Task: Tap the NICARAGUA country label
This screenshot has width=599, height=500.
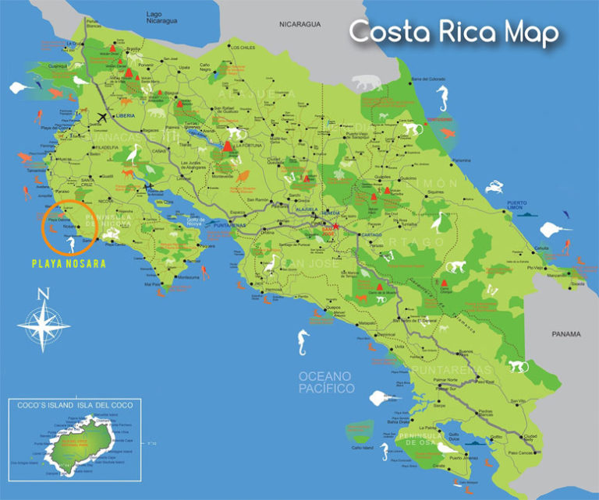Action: coord(300,25)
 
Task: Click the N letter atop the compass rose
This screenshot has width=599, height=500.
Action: coord(44,294)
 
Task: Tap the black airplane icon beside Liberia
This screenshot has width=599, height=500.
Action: coord(101,118)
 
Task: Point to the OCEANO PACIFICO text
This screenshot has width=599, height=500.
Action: coord(326,382)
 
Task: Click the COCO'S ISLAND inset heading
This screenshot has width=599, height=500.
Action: coord(70,404)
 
